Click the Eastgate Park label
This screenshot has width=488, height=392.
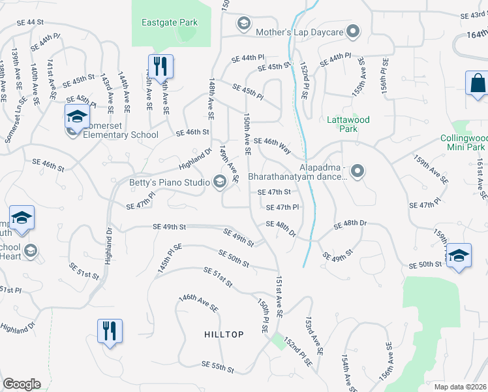click(x=170, y=22)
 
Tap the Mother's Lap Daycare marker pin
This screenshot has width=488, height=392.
click(x=353, y=31)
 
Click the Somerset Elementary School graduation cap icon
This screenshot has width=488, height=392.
click(x=77, y=117)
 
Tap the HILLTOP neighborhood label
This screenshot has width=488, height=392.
click(x=224, y=335)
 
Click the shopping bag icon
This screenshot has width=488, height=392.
click(x=478, y=84)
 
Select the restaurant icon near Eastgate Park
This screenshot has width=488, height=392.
click(x=160, y=65)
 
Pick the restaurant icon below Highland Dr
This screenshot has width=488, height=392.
click(x=109, y=330)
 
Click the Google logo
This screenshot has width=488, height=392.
click(x=22, y=384)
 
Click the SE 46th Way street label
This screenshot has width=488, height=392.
click(x=272, y=144)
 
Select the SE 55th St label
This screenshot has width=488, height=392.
click(x=217, y=368)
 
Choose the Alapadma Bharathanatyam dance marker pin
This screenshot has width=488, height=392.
click(x=357, y=171)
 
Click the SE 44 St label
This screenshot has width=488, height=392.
click(x=30, y=22)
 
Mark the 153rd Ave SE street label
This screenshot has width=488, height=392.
click(x=313, y=332)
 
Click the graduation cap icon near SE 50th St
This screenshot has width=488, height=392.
click(x=458, y=255)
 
